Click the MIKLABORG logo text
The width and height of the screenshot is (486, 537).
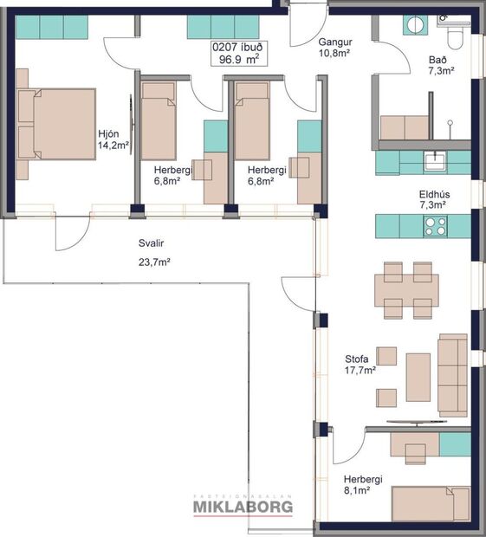coord(243,507)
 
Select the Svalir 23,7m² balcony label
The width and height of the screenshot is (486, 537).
coord(154,252)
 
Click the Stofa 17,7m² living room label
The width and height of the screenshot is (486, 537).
coord(360,364)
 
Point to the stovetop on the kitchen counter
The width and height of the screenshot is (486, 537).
coord(433,226)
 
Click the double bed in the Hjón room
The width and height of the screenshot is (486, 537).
coord(56,124)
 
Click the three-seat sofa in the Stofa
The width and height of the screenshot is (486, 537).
coord(452,372)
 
